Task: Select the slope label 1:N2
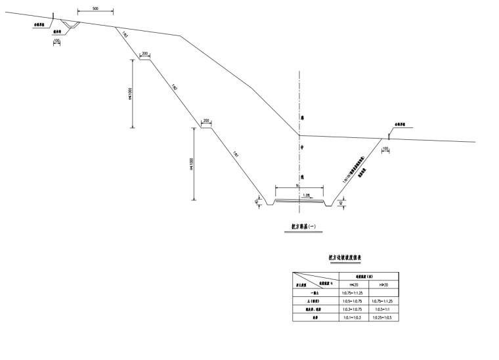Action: point(175,86)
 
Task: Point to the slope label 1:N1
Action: point(235,154)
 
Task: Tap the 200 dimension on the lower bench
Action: point(206,122)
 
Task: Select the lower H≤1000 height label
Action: point(192,164)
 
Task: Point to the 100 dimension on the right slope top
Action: point(385,149)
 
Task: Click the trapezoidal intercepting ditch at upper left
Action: point(71,26)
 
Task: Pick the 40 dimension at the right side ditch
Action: point(341,202)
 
